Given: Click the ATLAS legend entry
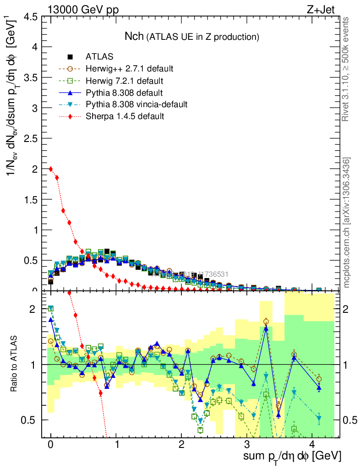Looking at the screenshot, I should [99, 57].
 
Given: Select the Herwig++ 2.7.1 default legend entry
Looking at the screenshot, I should [129, 69].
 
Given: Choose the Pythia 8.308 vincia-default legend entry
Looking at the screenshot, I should [136, 104].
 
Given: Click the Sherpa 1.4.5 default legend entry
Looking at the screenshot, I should [125, 116].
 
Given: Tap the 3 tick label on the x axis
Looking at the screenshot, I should [247, 444].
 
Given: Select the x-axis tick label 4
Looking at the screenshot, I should [312, 444].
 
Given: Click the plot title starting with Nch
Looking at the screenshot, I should [192, 36].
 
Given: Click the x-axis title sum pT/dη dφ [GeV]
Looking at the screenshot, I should [291, 456].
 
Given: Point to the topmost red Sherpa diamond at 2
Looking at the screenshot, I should [51, 169].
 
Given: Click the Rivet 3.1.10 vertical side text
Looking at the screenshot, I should [346, 69].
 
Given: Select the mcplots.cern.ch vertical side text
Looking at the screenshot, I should [347, 223].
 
